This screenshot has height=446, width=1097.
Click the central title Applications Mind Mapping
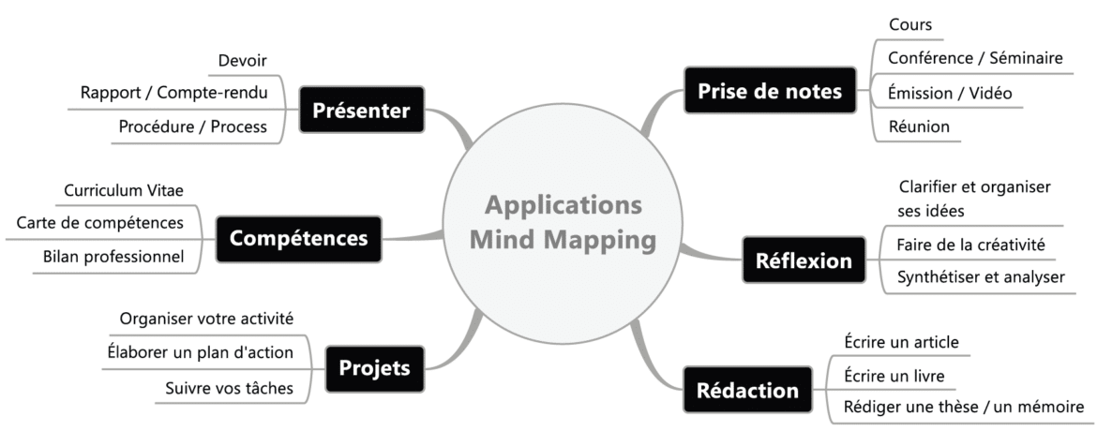coord(563,222)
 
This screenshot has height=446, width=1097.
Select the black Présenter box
coord(361,111)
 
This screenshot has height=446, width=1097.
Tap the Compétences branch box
coord(298,238)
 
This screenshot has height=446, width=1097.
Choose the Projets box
coord(374,367)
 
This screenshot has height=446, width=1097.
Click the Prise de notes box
coord(770,91)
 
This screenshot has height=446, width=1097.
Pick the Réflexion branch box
coord(804,260)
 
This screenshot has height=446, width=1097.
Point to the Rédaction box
coord(746,390)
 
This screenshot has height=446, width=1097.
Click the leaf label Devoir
coord(243,61)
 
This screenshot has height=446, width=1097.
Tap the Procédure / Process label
coord(193,126)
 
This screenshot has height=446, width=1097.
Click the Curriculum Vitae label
coord(124,190)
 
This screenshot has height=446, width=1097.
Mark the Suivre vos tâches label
coord(229,386)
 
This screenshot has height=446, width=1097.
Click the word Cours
coord(909,25)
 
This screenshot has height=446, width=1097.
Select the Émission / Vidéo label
coord(949,93)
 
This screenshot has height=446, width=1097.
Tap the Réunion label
coord(919,126)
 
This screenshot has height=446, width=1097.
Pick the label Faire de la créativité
coord(969,245)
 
